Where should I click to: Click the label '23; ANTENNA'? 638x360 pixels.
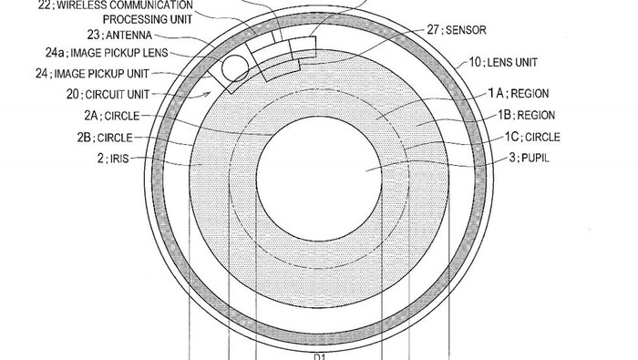pos(119,35)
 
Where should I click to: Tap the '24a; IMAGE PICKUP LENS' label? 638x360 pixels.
pos(107,53)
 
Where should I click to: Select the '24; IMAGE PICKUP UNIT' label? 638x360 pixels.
pos(92,74)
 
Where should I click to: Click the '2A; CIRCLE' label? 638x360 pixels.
pos(112,116)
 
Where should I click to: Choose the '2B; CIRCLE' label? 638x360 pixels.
pos(105,138)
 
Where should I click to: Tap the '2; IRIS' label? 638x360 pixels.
pos(113,159)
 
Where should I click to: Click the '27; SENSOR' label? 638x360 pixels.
pos(456,30)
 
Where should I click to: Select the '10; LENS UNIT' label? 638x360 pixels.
pos(503,62)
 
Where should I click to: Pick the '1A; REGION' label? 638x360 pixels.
pos(519,94)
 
